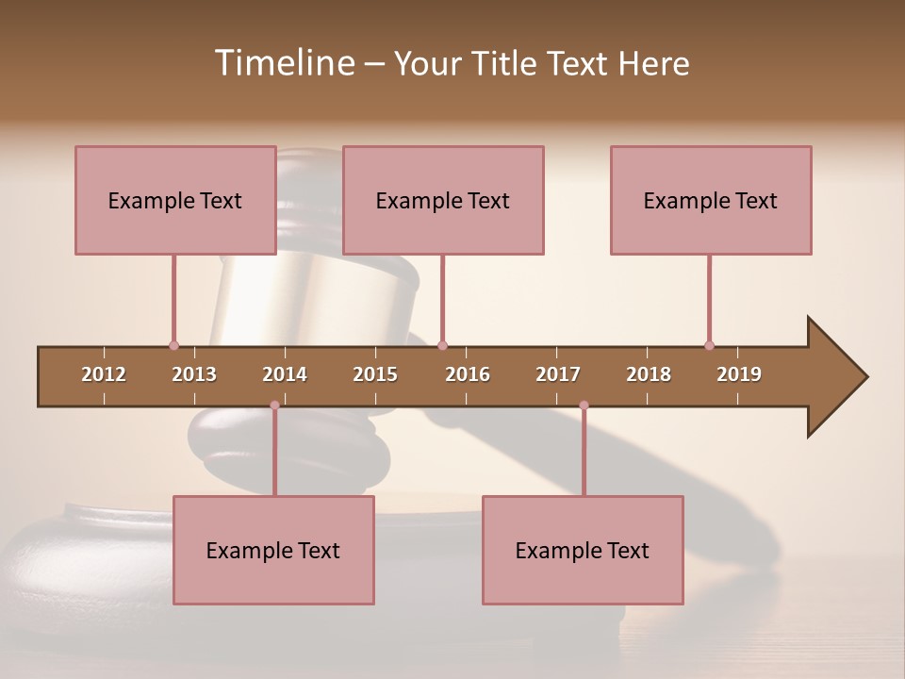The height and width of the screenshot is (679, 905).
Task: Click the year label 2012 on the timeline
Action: point(104,374)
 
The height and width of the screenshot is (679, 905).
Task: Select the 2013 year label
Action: point(194,374)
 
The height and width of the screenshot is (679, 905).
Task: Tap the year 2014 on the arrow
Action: point(285,374)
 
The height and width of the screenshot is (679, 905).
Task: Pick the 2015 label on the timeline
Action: point(375,374)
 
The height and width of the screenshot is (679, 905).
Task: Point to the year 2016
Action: point(468,374)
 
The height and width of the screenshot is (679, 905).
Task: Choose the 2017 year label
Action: point(558,374)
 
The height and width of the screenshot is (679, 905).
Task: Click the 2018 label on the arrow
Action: point(649,374)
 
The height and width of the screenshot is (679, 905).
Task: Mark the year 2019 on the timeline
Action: point(739,374)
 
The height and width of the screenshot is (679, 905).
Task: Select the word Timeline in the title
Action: point(283,63)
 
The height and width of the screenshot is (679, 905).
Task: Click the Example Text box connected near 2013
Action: point(175,200)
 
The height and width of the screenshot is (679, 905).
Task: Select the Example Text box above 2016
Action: point(443,200)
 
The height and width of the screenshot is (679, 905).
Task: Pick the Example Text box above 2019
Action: point(711,200)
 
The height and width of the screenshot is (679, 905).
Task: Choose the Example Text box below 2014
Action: point(273,550)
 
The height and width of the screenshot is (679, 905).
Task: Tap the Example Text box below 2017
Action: point(583,550)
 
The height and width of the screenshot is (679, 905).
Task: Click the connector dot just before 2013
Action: point(173,345)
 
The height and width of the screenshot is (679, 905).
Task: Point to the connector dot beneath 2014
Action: point(274,406)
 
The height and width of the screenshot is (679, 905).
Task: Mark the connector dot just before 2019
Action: point(709,345)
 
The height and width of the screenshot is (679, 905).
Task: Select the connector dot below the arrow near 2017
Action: point(584,406)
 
